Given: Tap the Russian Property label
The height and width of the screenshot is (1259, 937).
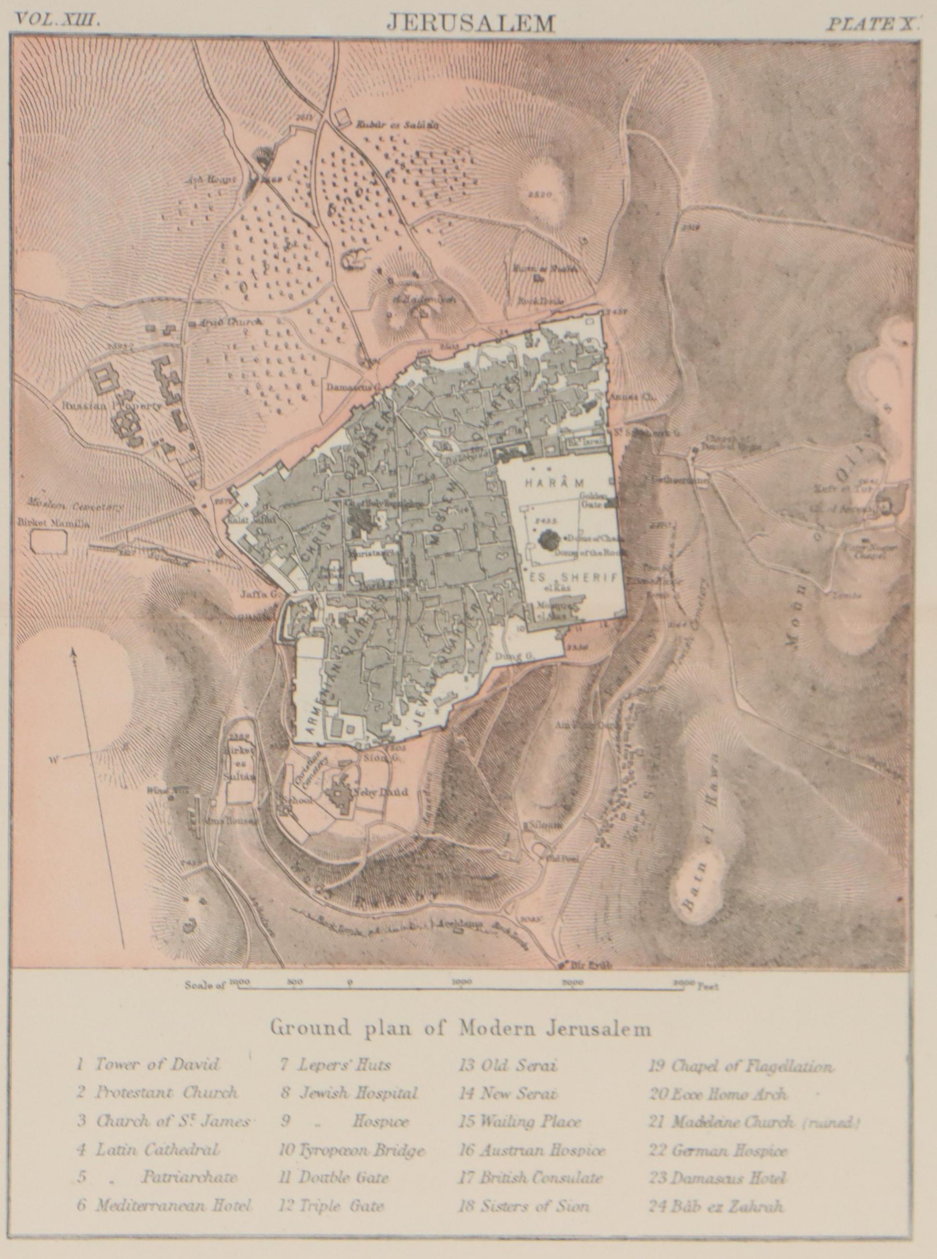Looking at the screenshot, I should [112, 406].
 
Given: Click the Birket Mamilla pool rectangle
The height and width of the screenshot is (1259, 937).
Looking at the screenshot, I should [48, 542].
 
